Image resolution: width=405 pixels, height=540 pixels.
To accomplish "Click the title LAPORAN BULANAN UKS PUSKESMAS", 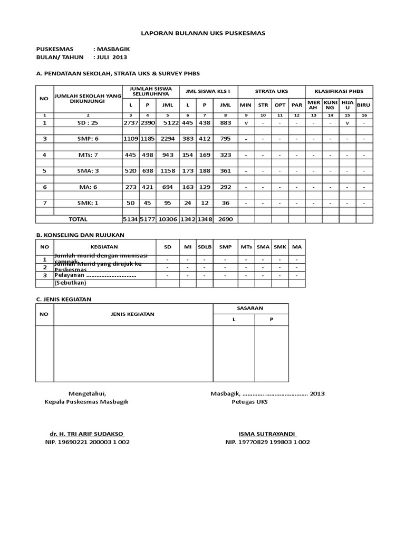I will [203, 33].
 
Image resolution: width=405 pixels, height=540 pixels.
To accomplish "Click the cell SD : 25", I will [88, 122].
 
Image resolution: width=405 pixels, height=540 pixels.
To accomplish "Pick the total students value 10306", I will [168, 219].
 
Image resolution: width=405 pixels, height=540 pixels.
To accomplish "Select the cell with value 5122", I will [168, 122].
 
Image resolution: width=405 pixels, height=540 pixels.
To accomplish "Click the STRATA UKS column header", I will [271, 91].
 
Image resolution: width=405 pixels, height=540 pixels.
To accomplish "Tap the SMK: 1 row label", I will [88, 203].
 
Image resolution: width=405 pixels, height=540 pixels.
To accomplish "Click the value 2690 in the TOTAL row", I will [225, 219].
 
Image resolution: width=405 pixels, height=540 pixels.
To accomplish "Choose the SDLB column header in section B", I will [204, 246].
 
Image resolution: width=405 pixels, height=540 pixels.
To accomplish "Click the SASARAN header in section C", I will [250, 308].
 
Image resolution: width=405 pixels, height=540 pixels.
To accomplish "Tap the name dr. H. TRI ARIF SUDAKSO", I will [87, 433].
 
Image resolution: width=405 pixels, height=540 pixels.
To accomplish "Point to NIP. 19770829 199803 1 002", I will [267, 442].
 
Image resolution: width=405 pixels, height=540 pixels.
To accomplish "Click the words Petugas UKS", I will [250, 402].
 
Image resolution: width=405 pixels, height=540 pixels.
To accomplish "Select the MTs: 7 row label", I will [88, 155].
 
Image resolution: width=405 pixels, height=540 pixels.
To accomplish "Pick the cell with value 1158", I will [168, 171].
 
